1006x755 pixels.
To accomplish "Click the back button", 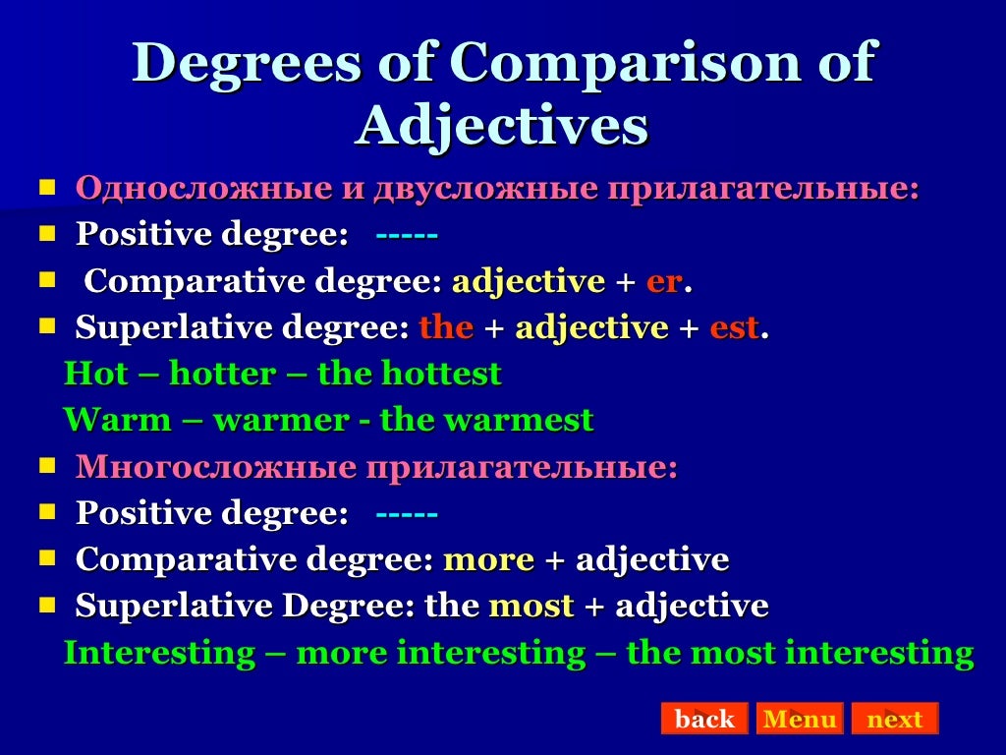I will (703, 719).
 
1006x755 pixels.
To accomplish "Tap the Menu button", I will (800, 719).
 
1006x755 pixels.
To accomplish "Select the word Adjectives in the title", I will (502, 126).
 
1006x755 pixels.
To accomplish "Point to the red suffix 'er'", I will (663, 282).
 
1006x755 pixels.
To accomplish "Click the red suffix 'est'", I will (734, 328).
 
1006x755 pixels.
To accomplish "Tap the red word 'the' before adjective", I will (446, 328).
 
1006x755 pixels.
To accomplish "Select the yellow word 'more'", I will (488, 560).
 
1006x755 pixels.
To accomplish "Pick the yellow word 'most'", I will (531, 607).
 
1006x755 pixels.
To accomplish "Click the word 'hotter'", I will (223, 375).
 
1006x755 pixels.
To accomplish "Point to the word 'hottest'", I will (441, 375).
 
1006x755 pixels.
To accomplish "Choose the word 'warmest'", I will (519, 421).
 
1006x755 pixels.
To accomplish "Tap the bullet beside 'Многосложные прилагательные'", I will (47, 466).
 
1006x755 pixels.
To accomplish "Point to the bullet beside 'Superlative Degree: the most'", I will (47, 606).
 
